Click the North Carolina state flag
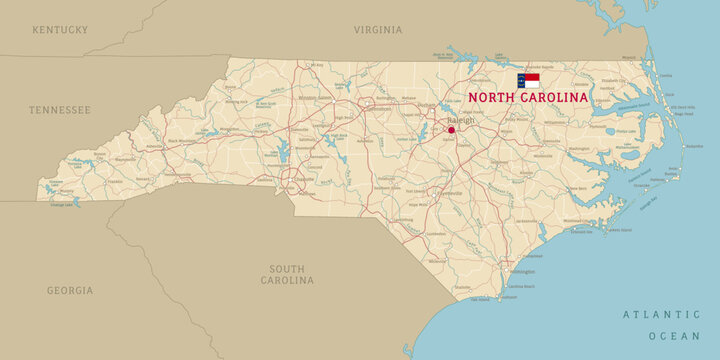(x=528, y=80)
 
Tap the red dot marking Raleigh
(x=451, y=130)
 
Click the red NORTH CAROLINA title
(x=528, y=98)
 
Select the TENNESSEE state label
(x=60, y=109)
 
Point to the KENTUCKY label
(x=60, y=30)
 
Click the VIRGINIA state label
(x=378, y=30)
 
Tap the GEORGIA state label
(x=70, y=290)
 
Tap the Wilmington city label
(x=521, y=271)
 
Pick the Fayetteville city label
(x=449, y=192)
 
